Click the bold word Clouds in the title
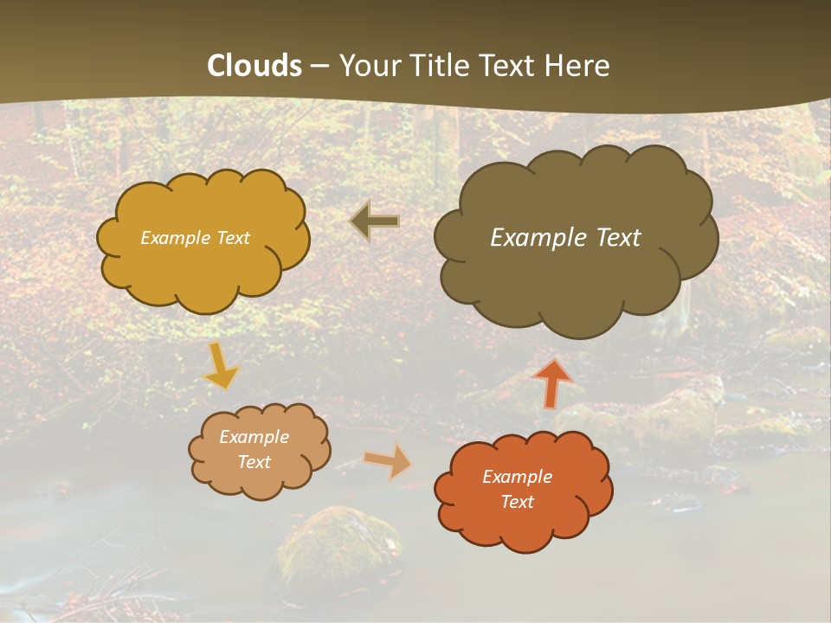point(254,66)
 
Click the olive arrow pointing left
point(374,222)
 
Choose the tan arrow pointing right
point(389,461)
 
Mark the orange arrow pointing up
point(551,383)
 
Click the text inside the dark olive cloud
point(565,237)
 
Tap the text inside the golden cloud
point(195,238)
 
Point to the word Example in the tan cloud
point(254,437)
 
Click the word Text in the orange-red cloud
point(517,502)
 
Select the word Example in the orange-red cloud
point(517,477)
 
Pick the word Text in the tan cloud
point(254,462)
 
